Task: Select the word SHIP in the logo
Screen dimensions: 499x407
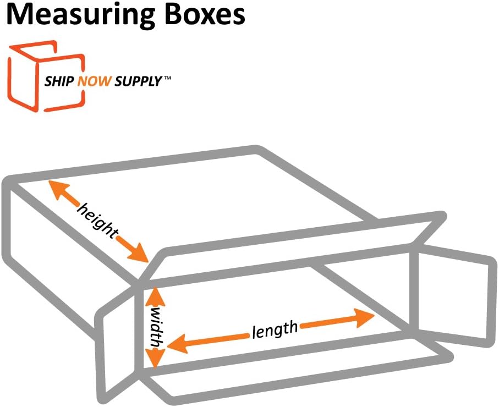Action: [59, 81]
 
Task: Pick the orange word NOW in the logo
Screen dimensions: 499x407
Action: [95, 81]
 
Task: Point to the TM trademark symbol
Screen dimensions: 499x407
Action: [167, 78]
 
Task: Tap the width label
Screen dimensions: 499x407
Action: [157, 327]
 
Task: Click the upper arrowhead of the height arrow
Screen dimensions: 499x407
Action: [57, 190]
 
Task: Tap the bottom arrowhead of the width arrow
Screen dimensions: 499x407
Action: [155, 358]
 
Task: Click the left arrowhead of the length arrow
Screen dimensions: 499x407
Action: [177, 344]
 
